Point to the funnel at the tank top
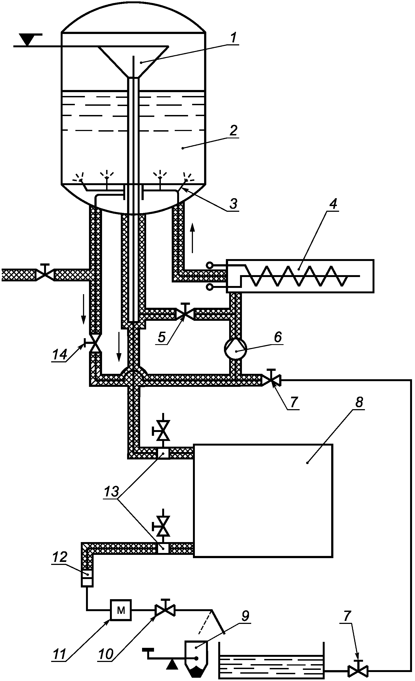(x=134, y=62)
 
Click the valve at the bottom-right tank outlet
(x=358, y=670)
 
